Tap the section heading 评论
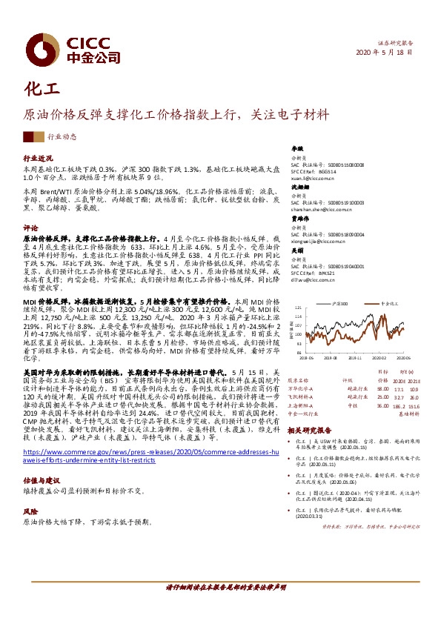[30, 228]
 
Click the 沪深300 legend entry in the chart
[342, 304]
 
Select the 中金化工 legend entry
[393, 304]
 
